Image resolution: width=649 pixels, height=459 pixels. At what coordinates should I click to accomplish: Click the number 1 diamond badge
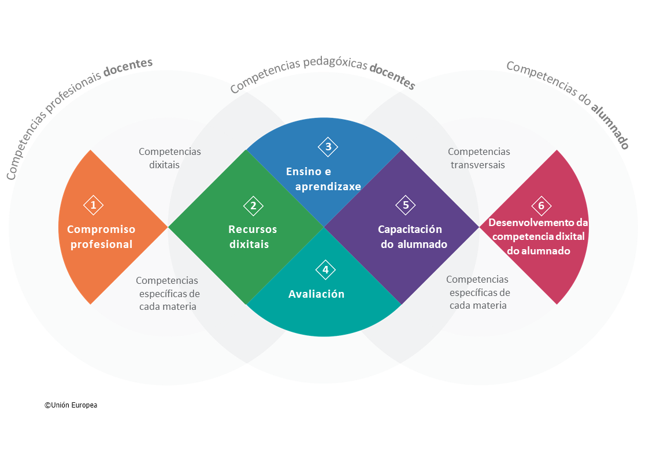[93, 205]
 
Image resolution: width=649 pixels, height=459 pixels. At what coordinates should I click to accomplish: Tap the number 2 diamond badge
[253, 205]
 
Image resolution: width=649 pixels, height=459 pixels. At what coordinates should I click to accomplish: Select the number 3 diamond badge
[328, 147]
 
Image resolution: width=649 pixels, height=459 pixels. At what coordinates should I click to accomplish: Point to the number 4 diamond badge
[325, 269]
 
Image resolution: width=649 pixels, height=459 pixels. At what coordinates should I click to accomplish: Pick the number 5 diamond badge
[406, 205]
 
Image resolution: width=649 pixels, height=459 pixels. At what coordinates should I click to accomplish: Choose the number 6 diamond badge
[541, 206]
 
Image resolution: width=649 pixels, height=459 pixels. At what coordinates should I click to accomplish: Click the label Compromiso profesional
[101, 236]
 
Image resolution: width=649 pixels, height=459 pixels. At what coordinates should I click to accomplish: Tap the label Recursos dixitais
[253, 236]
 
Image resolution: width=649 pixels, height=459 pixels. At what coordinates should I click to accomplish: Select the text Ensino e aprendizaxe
[323, 179]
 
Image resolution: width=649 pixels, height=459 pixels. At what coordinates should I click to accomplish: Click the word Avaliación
[316, 294]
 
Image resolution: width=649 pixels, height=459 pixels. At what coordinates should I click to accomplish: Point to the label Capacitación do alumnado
[413, 236]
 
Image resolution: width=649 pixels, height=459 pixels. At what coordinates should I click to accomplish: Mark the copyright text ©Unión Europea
[71, 405]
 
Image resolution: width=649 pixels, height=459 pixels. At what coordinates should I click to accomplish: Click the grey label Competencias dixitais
[169, 158]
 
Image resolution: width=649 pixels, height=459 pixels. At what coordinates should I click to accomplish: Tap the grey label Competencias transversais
[479, 158]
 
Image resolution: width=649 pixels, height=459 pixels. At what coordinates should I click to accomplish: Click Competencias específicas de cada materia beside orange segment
[168, 293]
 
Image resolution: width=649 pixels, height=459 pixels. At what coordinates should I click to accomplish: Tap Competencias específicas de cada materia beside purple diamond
[478, 292]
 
